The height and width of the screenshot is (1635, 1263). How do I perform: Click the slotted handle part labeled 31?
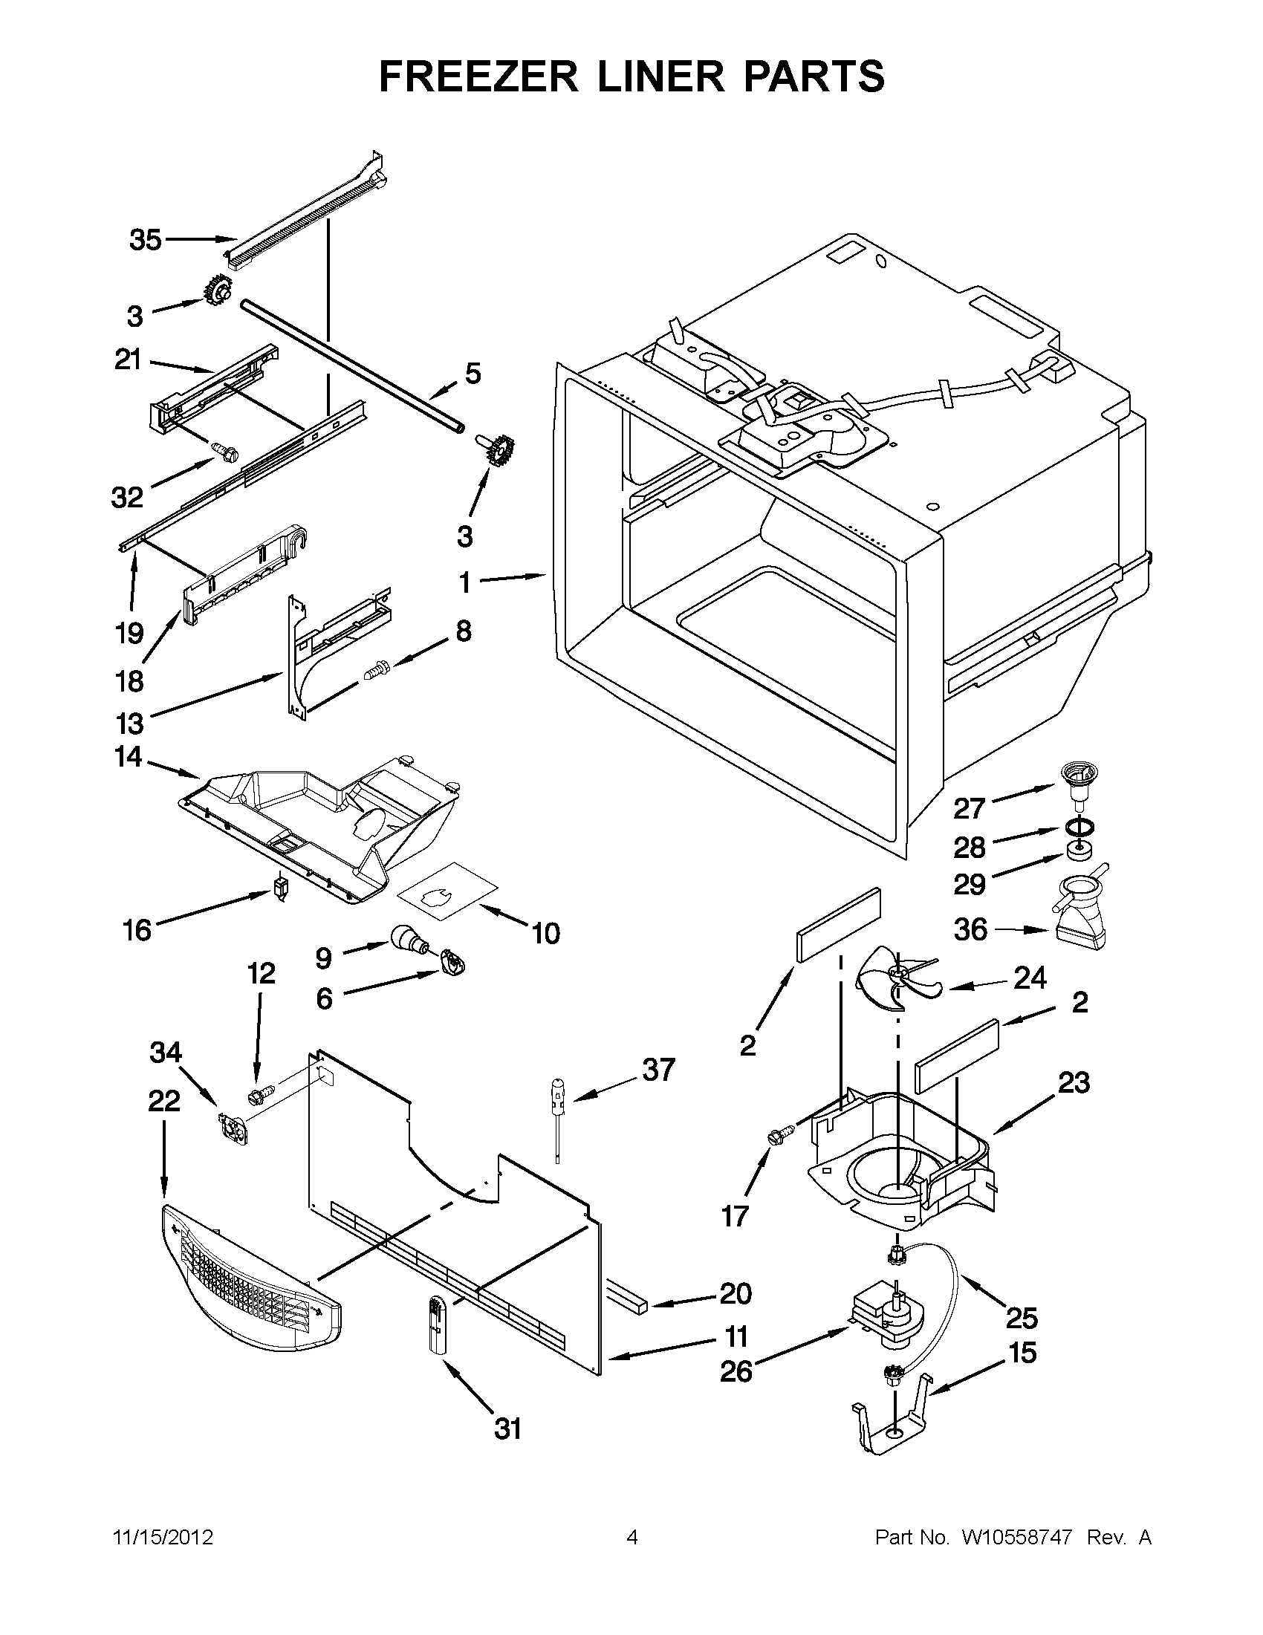click(x=436, y=1324)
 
